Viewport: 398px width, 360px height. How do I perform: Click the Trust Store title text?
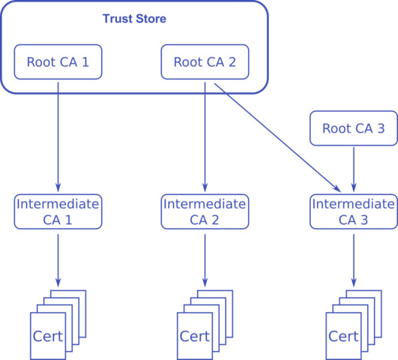133,17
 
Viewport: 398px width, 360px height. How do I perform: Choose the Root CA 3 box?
354,128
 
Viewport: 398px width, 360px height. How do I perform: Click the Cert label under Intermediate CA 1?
48,334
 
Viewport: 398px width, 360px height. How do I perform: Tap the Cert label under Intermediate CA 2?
195,334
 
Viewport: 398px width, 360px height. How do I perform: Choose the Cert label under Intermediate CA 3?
343,334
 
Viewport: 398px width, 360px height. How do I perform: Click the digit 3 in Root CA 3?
380,128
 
